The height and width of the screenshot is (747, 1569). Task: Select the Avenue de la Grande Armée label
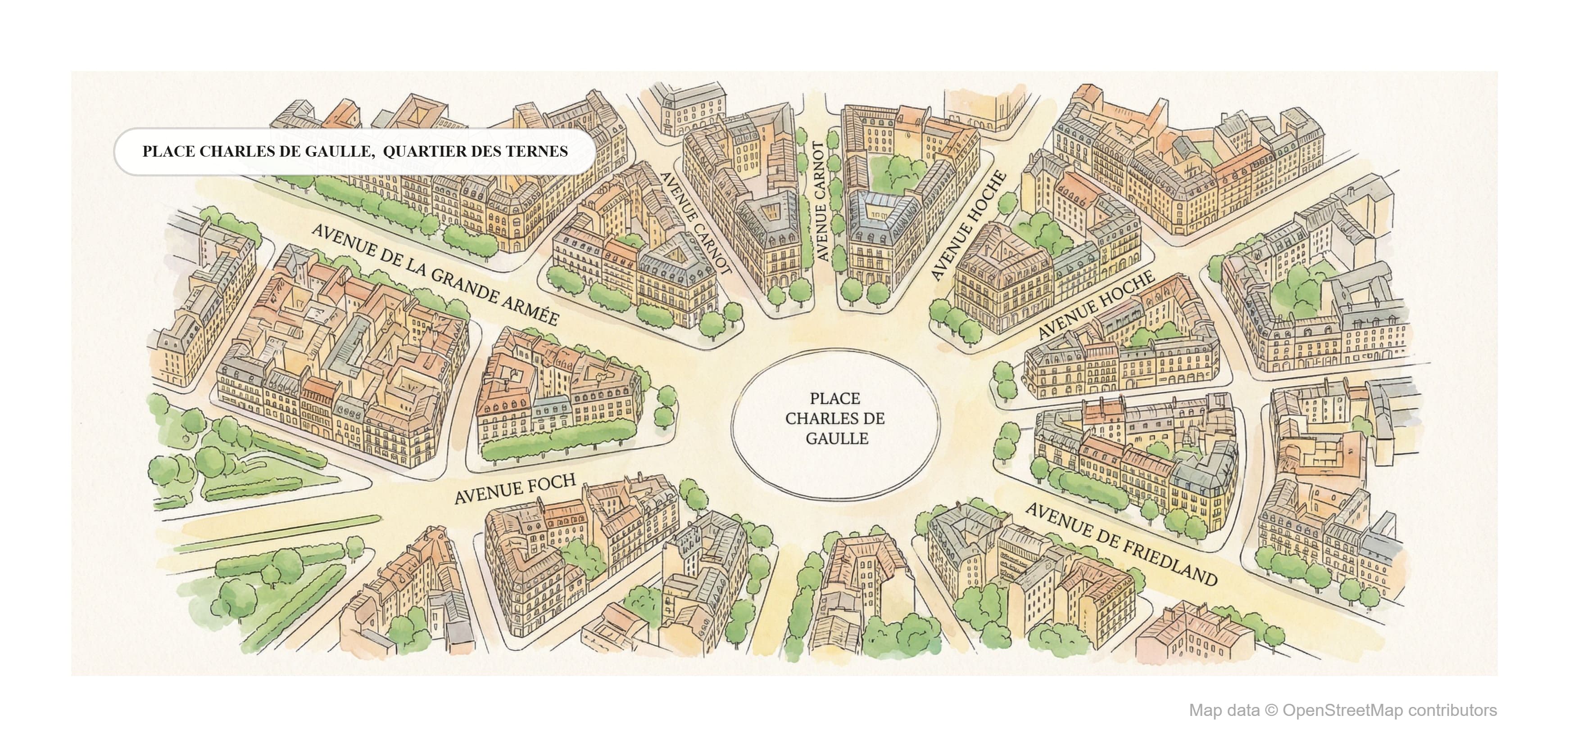(x=434, y=275)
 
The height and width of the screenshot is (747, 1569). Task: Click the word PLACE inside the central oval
(x=834, y=399)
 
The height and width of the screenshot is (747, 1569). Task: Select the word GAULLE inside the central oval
(x=836, y=438)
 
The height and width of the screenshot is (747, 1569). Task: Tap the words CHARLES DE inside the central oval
(x=834, y=419)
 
